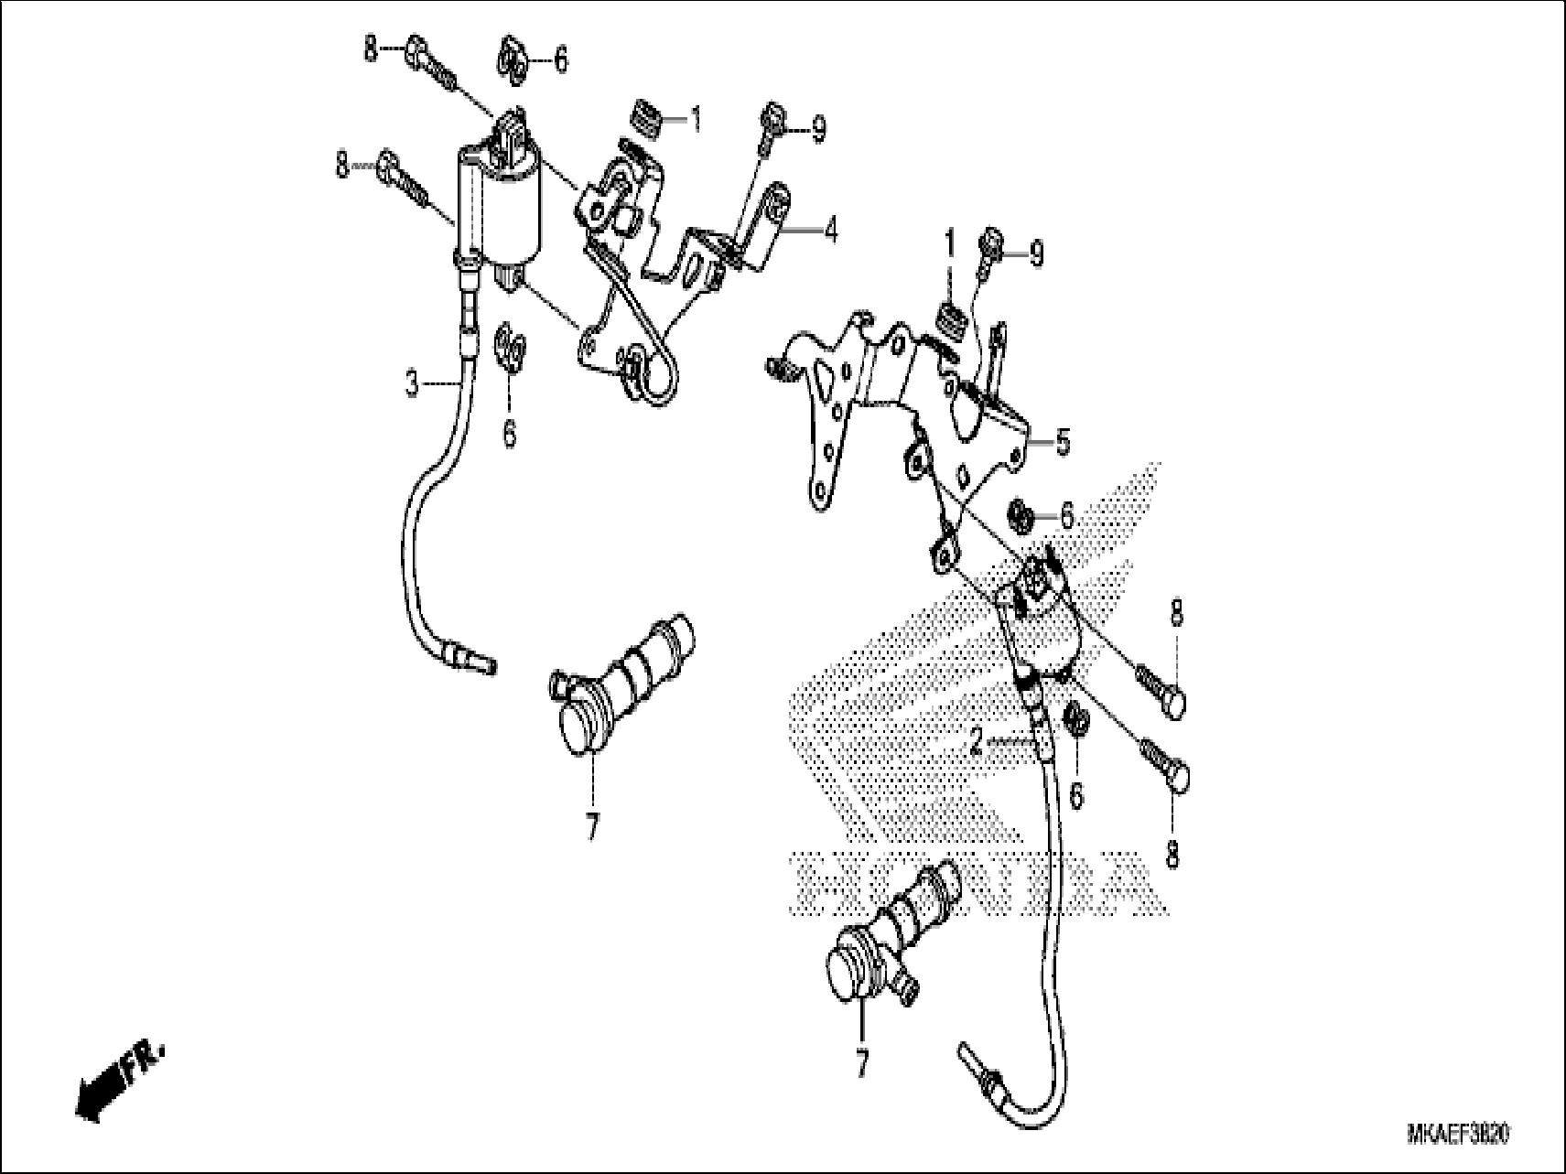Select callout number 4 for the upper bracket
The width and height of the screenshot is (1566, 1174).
[829, 231]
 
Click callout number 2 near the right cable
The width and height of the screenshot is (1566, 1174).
[977, 742]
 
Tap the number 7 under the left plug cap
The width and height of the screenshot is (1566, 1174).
[591, 827]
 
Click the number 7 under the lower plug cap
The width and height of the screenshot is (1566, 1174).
[860, 1062]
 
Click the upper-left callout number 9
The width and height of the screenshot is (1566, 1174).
[817, 130]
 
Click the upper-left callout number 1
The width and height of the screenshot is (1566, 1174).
[696, 119]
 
